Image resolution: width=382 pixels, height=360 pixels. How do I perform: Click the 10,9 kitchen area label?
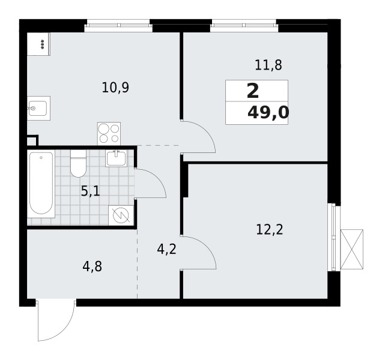coord(115,88)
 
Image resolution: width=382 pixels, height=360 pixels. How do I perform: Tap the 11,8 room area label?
coord(268,65)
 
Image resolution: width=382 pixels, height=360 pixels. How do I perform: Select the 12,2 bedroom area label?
coord(270,230)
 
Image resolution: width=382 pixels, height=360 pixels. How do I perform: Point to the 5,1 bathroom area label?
coord(90,191)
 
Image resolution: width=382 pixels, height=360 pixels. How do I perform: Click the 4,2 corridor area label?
coord(166,249)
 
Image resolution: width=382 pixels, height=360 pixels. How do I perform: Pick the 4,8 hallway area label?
coord(92,266)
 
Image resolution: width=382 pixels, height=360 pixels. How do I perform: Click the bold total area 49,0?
coord(268,113)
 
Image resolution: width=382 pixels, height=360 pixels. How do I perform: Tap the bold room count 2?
coord(253,91)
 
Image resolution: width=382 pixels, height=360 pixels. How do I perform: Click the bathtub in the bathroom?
coord(41,184)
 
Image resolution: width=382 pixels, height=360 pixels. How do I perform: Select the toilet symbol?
coord(78,163)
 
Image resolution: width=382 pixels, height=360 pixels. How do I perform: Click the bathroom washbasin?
coord(116,158)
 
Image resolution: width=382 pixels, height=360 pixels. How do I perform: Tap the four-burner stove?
coord(109,134)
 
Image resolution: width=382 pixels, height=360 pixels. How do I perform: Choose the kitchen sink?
coord(38,109)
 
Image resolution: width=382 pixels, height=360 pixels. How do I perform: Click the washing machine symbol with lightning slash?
coord(121,215)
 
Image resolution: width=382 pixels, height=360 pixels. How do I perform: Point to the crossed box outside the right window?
coord(351,249)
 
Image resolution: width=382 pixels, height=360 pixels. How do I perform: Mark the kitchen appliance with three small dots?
coord(38,44)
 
